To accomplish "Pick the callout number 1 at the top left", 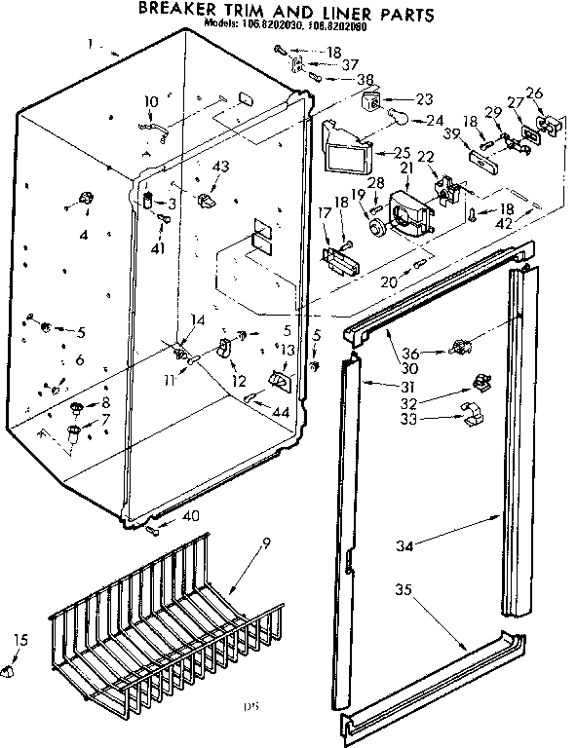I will click(90, 43).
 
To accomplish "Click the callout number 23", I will click(423, 98).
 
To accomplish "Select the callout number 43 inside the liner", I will click(220, 167).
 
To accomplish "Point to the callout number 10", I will click(151, 101).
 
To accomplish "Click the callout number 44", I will click(282, 412).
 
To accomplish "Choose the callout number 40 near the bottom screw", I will click(191, 516).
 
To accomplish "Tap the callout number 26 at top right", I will click(534, 93).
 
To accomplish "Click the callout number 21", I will click(406, 168).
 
